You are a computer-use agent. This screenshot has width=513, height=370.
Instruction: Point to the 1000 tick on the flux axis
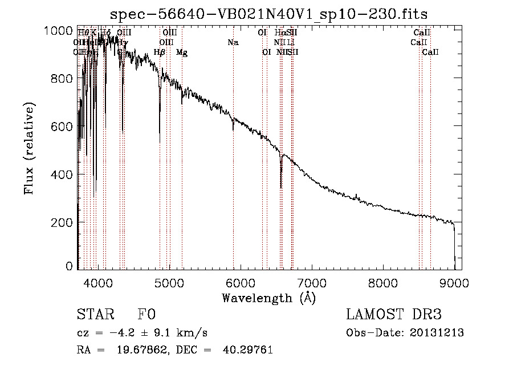click(x=59, y=31)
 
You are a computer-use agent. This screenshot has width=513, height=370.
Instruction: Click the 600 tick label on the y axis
click(x=59, y=127)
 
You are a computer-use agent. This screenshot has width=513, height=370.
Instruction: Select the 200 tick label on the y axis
click(x=59, y=222)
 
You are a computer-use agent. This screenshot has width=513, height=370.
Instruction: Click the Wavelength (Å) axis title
click(x=268, y=298)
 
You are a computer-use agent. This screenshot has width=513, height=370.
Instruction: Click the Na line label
click(x=233, y=43)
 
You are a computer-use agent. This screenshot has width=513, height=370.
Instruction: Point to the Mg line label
click(x=181, y=52)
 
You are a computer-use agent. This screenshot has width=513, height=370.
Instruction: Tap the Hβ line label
click(x=160, y=52)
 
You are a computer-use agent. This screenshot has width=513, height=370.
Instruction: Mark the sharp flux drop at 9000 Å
click(x=454, y=245)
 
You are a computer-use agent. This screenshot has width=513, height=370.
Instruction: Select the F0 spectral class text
click(x=146, y=315)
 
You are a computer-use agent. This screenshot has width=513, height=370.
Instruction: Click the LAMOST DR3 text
click(x=393, y=315)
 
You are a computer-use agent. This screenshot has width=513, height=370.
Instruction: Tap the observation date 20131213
click(x=438, y=333)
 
